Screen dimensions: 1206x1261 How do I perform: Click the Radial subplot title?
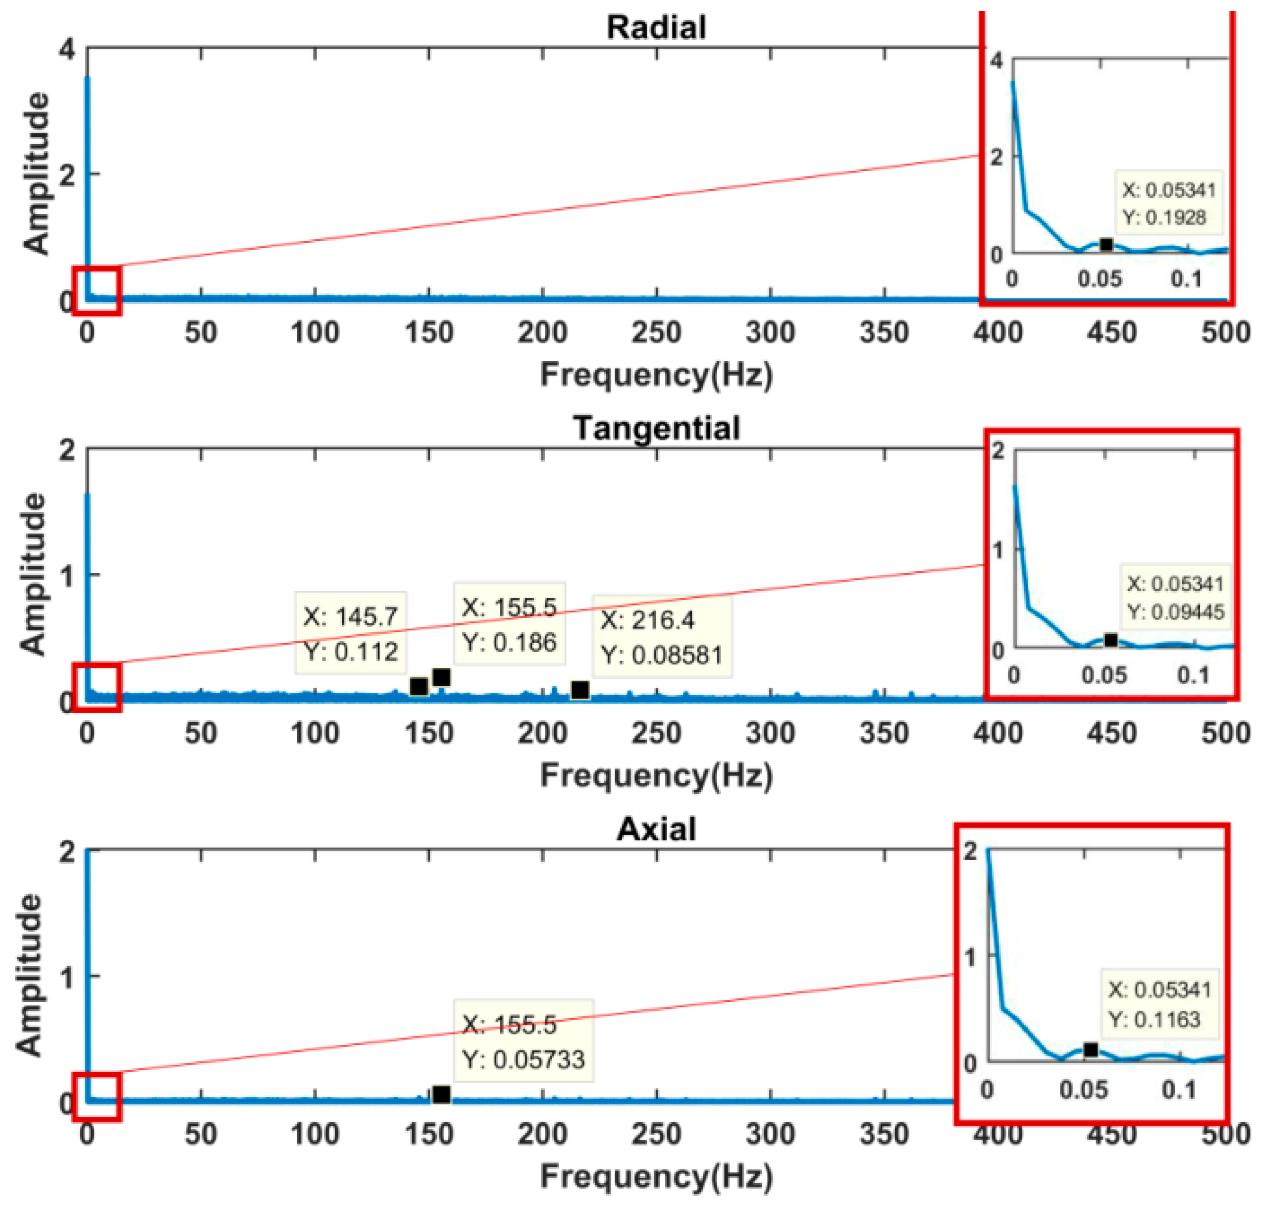click(x=656, y=28)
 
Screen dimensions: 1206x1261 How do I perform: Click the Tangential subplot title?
click(x=656, y=428)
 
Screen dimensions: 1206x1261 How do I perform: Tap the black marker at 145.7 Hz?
click(x=419, y=687)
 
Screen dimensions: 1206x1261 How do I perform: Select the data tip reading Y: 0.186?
click(x=509, y=624)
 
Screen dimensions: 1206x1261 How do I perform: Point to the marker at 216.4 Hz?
click(x=579, y=690)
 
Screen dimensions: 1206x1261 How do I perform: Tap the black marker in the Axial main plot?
click(x=441, y=1094)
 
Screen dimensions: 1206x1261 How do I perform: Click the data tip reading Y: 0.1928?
click(x=1168, y=203)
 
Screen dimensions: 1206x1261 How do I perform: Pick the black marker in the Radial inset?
click(x=1105, y=244)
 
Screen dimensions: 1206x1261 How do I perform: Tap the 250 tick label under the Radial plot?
click(x=656, y=332)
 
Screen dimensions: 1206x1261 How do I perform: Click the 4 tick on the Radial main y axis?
click(x=66, y=49)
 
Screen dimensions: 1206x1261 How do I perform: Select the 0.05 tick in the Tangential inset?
click(x=1103, y=675)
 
